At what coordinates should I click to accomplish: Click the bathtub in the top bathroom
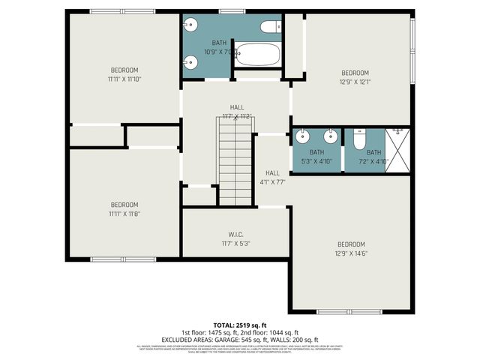256,55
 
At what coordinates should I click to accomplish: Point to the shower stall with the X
397,150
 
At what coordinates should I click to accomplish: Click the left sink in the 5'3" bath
302,137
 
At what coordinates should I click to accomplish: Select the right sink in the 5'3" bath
329,137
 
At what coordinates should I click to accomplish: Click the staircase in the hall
236,164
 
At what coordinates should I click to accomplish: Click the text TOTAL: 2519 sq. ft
239,325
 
